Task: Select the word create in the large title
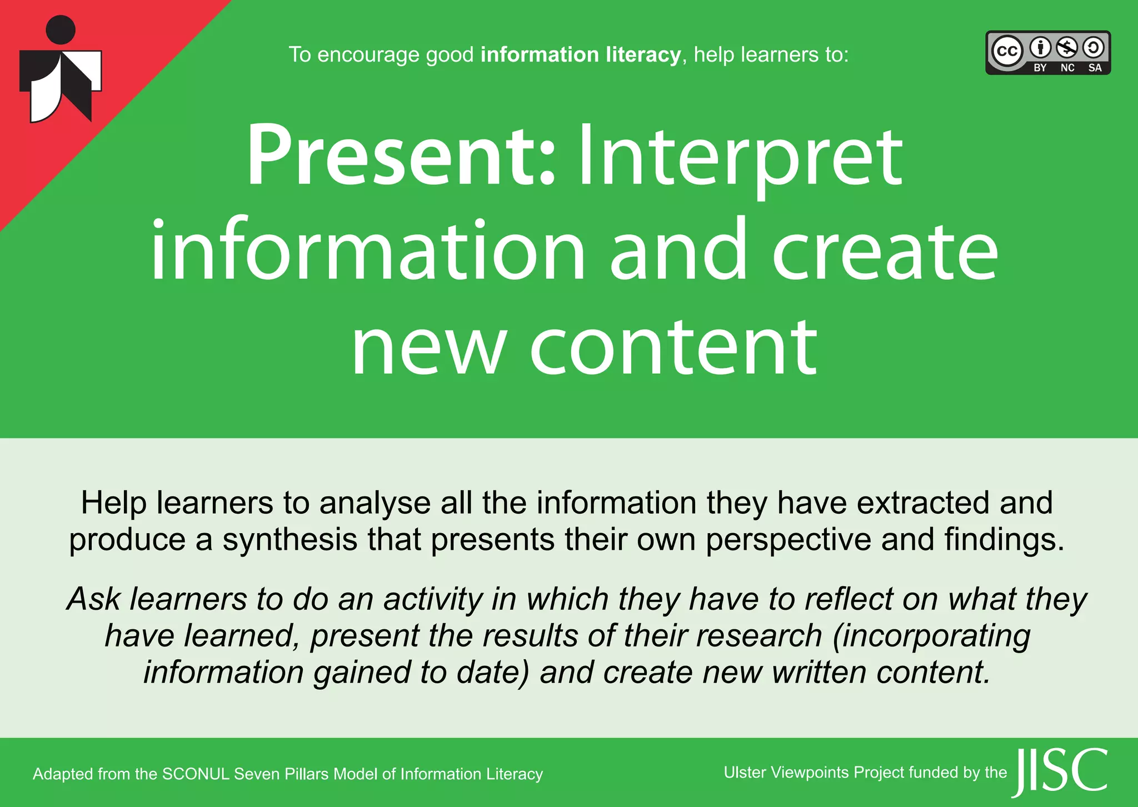pyautogui.click(x=885, y=251)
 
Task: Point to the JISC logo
pyautogui.click(x=1060, y=771)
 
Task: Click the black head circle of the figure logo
pyautogui.click(x=61, y=29)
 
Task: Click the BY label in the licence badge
pyautogui.click(x=1040, y=68)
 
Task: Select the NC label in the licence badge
pyautogui.click(x=1067, y=68)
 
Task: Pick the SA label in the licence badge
pyautogui.click(x=1095, y=68)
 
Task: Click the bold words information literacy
pyautogui.click(x=580, y=55)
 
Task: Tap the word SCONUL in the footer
pyautogui.click(x=196, y=774)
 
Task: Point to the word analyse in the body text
pyautogui.click(x=375, y=503)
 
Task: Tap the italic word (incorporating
pyautogui.click(x=931, y=636)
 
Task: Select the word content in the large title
pyautogui.click(x=673, y=347)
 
